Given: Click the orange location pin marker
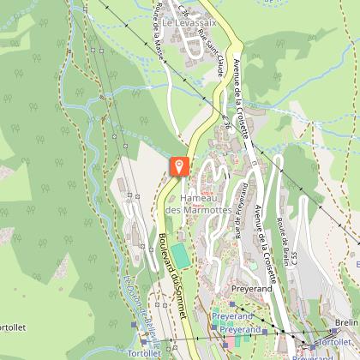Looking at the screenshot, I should (180, 165).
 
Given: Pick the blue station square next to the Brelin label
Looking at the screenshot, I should (332, 331).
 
